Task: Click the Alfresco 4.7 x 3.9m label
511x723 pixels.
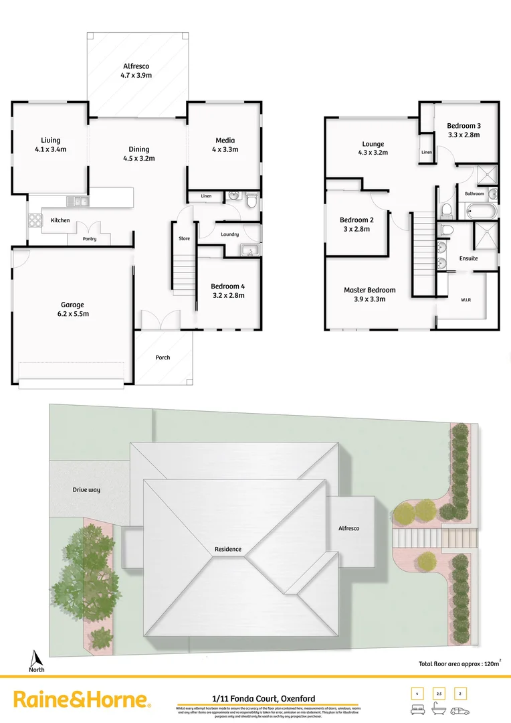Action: point(136,71)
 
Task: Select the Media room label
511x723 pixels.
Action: point(225,145)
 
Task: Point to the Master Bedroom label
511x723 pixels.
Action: point(369,295)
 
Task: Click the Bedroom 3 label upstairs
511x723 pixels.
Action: point(464,130)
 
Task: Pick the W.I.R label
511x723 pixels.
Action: point(466,299)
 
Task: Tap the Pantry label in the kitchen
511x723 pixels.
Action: point(90,239)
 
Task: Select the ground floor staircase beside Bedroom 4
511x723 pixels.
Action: point(183,271)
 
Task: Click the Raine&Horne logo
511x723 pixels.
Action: point(82,700)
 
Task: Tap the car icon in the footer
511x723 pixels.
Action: point(461,710)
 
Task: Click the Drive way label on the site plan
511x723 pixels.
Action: point(86,490)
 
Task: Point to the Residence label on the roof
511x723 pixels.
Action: point(228,549)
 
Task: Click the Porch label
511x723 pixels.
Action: point(163,357)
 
